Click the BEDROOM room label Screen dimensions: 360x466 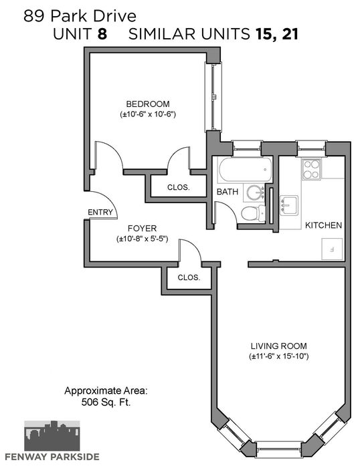[x=148, y=104]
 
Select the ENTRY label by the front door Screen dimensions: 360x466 [x=100, y=212]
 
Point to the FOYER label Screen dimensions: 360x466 [x=143, y=228]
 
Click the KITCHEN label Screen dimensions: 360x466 [x=323, y=225]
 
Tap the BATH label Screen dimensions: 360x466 [x=228, y=192]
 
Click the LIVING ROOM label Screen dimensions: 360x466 [x=279, y=346]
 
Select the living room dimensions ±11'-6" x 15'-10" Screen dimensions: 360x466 [x=279, y=356]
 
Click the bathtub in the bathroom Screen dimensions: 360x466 [x=245, y=169]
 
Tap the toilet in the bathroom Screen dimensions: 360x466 [x=253, y=213]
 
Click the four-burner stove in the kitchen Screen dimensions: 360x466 [x=312, y=169]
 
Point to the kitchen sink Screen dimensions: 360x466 [x=288, y=205]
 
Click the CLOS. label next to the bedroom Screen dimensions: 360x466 [x=178, y=187]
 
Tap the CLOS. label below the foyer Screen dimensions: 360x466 [x=189, y=277]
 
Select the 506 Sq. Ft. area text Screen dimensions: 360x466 [x=106, y=402]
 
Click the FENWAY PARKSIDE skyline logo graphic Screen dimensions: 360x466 [x=52, y=436]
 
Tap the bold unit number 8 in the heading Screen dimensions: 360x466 [x=102, y=35]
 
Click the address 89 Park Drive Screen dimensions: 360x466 [x=80, y=16]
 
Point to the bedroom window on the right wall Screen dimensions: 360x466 [x=213, y=97]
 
